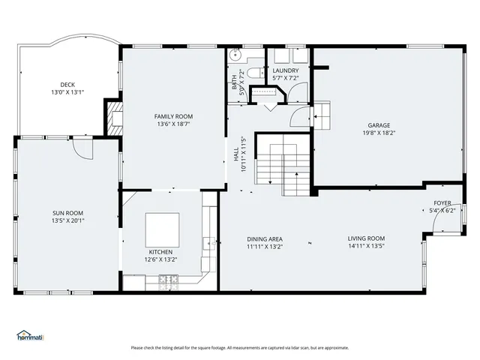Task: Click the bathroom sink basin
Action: (x=235, y=55)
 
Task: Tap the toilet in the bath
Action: (x=253, y=72)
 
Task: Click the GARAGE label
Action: (x=379, y=125)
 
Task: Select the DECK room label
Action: (x=67, y=84)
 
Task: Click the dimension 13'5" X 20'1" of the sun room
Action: (x=67, y=221)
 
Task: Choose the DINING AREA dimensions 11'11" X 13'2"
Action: (x=265, y=247)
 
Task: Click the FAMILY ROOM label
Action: (x=174, y=116)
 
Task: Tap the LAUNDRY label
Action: (x=286, y=70)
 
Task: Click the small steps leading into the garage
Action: (x=321, y=113)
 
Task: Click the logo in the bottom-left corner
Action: (x=30, y=335)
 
